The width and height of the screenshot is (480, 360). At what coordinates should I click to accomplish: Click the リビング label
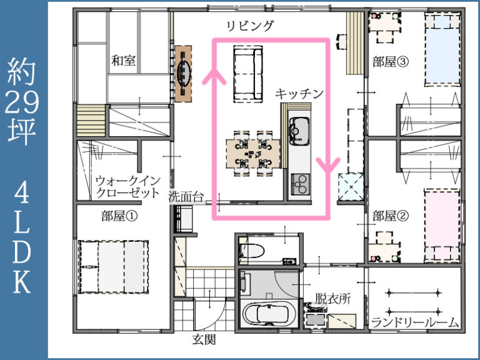click(250, 26)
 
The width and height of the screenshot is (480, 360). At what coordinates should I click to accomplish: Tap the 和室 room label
click(124, 61)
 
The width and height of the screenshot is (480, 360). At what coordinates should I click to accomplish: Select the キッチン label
click(300, 94)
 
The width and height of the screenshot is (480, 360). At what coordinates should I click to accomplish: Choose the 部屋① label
click(119, 216)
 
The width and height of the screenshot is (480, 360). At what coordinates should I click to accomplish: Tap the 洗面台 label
click(186, 196)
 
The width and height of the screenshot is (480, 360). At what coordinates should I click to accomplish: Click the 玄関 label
click(204, 341)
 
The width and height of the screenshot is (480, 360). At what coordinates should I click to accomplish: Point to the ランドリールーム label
click(415, 322)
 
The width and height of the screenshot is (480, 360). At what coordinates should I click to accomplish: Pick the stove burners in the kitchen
click(299, 183)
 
